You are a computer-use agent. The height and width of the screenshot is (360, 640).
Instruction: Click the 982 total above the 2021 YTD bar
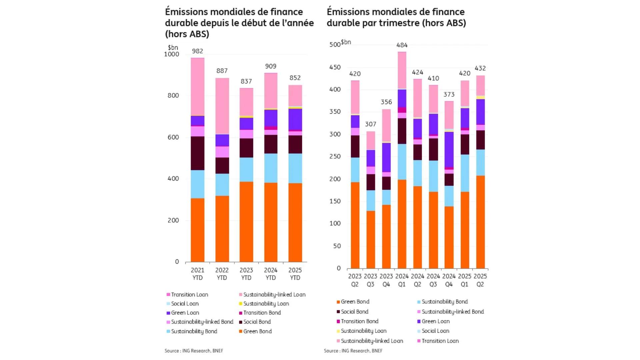(197, 51)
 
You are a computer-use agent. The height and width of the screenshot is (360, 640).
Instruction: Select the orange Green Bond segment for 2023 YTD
(246, 222)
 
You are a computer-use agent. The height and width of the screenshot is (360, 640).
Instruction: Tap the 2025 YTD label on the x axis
(295, 274)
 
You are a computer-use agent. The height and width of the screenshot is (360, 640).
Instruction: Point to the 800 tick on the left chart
(173, 95)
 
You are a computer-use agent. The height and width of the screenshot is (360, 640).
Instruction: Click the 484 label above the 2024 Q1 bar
(402, 45)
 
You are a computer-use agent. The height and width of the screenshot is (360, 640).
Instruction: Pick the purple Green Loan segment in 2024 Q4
(449, 149)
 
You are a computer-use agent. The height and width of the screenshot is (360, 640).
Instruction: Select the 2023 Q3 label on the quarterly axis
(370, 280)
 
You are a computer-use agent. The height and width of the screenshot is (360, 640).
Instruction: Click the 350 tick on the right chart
(335, 112)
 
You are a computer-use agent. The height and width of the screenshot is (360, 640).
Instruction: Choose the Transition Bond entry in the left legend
(262, 313)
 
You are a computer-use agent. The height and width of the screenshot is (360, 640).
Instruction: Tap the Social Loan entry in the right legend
(435, 331)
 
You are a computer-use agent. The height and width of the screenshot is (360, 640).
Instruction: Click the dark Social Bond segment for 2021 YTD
(197, 153)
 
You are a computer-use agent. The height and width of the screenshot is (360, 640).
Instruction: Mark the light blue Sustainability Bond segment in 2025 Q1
(464, 173)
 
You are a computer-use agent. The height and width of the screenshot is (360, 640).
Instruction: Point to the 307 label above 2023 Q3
(370, 124)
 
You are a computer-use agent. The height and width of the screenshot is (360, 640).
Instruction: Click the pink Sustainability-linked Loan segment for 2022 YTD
(222, 106)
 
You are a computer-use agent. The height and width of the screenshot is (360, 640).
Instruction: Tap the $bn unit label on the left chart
(173, 47)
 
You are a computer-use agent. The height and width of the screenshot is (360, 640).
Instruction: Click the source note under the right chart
(353, 351)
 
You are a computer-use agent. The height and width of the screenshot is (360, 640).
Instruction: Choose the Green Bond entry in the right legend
(355, 302)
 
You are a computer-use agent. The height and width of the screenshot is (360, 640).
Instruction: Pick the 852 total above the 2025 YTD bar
(295, 78)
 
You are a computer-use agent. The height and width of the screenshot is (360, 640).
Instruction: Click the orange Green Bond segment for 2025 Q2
(480, 222)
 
